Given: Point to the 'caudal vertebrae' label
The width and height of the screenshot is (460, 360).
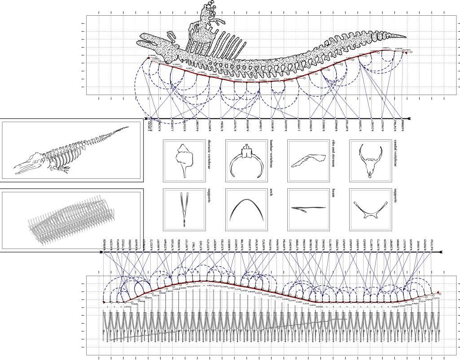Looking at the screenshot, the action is pos(395,155).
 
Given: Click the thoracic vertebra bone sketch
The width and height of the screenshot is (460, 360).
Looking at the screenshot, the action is pos(185,160).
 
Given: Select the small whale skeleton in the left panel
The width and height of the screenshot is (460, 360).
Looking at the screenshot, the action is pos(72,151).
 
